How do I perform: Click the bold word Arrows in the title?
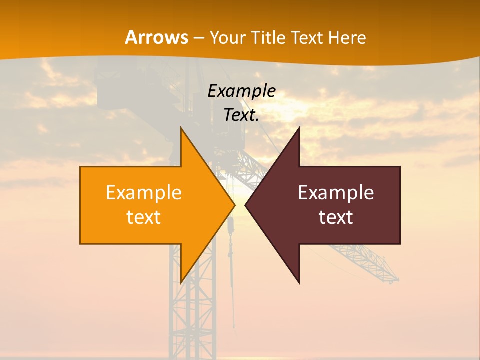157,37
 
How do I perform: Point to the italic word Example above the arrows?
241,91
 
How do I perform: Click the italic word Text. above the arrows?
241,115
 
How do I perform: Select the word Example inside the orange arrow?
144,192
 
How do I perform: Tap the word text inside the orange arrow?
144,217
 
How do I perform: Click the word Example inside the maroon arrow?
336,192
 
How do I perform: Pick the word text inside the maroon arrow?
336,217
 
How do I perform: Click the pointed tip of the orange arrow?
235,205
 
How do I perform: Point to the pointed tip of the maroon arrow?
245,205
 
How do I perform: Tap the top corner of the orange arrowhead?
181,128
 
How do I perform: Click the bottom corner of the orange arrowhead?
181,283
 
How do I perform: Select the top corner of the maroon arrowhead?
299,128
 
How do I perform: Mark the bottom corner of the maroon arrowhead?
299,283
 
